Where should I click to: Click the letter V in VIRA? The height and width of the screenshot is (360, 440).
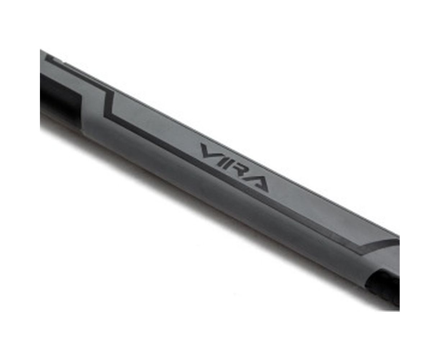point(209,151)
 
